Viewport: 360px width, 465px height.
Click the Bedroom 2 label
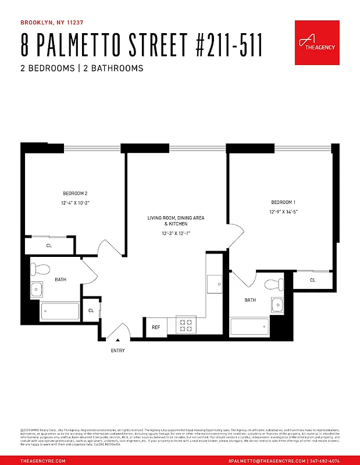coord(75,193)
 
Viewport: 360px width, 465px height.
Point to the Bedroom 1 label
coord(283,202)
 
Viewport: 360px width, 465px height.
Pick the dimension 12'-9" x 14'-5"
coord(284,212)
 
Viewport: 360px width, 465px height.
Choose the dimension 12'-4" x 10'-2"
coord(76,203)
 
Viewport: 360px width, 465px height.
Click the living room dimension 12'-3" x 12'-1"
coord(176,233)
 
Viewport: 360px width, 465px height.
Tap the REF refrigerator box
coord(156,327)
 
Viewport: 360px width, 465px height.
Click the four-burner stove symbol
coord(186,325)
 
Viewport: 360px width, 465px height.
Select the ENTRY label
coord(117,350)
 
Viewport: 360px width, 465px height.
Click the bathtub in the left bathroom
coord(60,312)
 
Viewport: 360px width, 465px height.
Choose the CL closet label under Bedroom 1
coord(312,280)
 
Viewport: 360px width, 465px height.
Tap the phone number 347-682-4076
coord(333,460)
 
